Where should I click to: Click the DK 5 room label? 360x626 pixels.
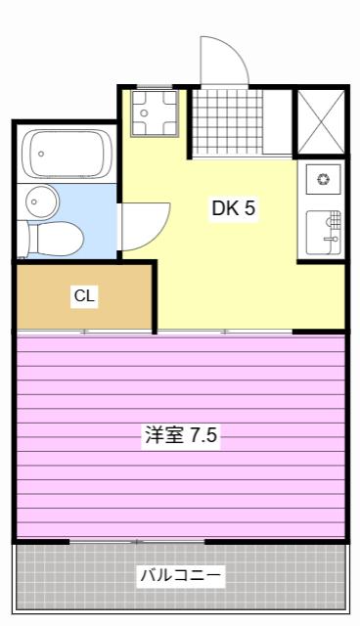coord(233,208)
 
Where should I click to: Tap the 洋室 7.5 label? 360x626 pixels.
coord(181,434)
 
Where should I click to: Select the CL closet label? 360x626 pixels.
coord(84,295)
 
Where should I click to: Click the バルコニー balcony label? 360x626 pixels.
coord(180,575)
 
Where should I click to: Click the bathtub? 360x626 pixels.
coord(67,154)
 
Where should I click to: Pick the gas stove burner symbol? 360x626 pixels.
coord(323,179)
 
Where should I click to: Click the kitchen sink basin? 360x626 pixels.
coord(324,233)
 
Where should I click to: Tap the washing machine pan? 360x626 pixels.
coord(155,113)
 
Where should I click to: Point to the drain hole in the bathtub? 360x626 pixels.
coord(41,154)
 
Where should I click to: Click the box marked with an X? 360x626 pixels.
coord(321,121)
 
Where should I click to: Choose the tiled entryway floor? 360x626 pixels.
coord(228,121)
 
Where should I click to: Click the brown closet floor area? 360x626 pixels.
coord(84,296)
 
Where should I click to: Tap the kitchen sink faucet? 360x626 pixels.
coord(333,239)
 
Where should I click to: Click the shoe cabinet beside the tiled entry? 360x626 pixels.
coord(278,121)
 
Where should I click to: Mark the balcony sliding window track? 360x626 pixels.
coord(137,542)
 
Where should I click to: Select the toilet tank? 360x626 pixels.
coord(22,239)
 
